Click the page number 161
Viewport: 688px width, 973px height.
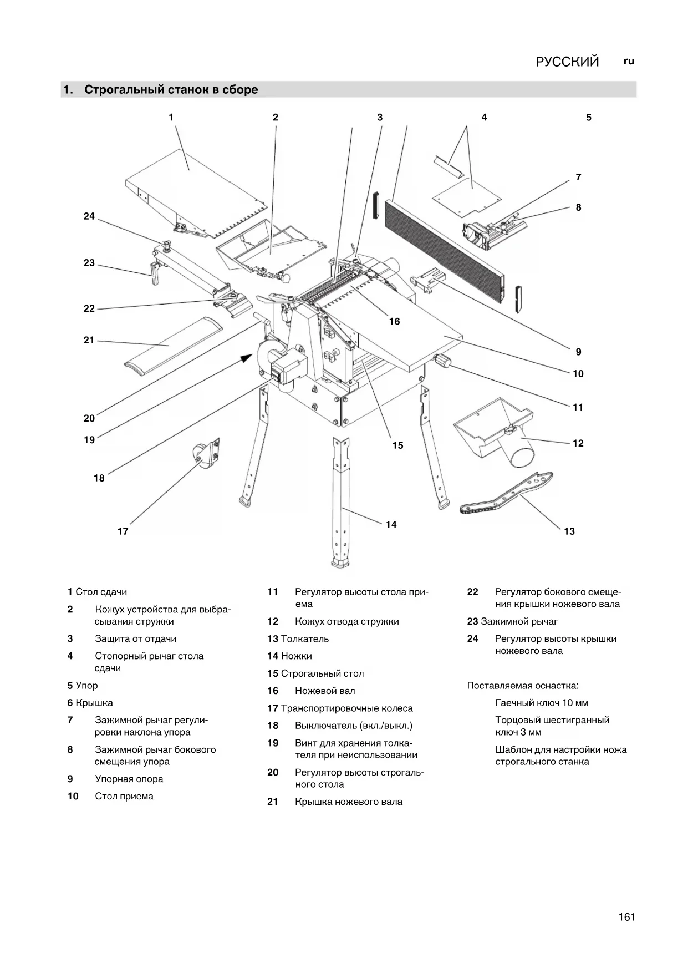(626, 917)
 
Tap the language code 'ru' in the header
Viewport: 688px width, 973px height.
(629, 61)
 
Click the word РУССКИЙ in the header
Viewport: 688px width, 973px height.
(567, 62)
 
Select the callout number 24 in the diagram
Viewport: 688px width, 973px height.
(89, 216)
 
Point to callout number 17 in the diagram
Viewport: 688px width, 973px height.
(123, 531)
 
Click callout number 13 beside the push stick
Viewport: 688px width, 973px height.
(569, 531)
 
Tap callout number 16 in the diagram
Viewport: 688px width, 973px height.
(394, 321)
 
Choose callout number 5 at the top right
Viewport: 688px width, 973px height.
(589, 117)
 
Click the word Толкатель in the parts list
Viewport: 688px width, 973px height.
(304, 638)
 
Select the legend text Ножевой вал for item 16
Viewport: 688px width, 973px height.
(325, 691)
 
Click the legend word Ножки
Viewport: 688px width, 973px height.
(296, 656)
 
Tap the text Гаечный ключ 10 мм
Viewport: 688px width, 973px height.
(541, 703)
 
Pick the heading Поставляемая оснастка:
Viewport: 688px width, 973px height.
(522, 686)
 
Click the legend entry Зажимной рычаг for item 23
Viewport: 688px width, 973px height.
(519, 621)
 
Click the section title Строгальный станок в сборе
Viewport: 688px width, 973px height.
(171, 89)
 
